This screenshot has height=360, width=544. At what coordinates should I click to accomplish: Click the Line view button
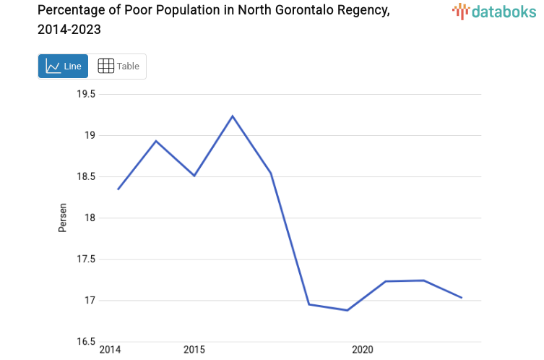63,66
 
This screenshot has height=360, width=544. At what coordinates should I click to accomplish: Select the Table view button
118,66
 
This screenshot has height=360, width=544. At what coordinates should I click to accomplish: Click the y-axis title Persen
62,218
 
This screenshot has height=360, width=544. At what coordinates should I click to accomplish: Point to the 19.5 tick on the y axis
87,94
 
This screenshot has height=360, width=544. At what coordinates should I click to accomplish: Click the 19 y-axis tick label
90,135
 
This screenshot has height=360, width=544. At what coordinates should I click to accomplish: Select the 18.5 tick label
87,176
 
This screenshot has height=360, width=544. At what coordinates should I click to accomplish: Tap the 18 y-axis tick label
90,218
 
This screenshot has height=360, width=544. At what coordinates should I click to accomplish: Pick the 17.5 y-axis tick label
87,259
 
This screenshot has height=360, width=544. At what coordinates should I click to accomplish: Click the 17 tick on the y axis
90,300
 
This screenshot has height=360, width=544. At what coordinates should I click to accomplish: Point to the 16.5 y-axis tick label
87,341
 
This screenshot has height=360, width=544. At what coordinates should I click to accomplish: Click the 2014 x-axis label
110,351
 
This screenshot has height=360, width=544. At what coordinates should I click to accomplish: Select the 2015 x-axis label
194,351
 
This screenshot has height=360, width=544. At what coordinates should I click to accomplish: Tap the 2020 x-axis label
362,351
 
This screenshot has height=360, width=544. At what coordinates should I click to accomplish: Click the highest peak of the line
233,116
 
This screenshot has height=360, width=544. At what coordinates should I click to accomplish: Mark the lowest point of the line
347,310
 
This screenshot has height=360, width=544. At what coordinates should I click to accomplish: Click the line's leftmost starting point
118,189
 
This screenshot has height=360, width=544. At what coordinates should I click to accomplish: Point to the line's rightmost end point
462,298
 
